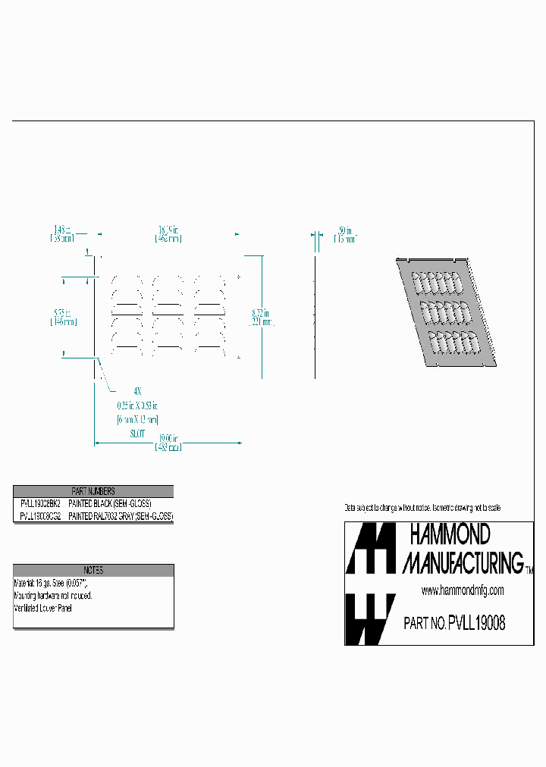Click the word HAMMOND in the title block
pos(450,535)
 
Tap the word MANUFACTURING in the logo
pos(462,562)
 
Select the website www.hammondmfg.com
pos(462,590)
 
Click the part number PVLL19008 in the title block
pos(476,624)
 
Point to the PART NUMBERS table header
pos(93,491)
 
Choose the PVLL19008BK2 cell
pos(40,503)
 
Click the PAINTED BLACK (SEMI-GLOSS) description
pos(110,503)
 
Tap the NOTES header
pos(93,570)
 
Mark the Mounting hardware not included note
pos(53,596)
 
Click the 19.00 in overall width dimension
pos(168,438)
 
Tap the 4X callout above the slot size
pos(137,392)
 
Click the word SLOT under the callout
pos(137,433)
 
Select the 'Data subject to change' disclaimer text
pos(422,507)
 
